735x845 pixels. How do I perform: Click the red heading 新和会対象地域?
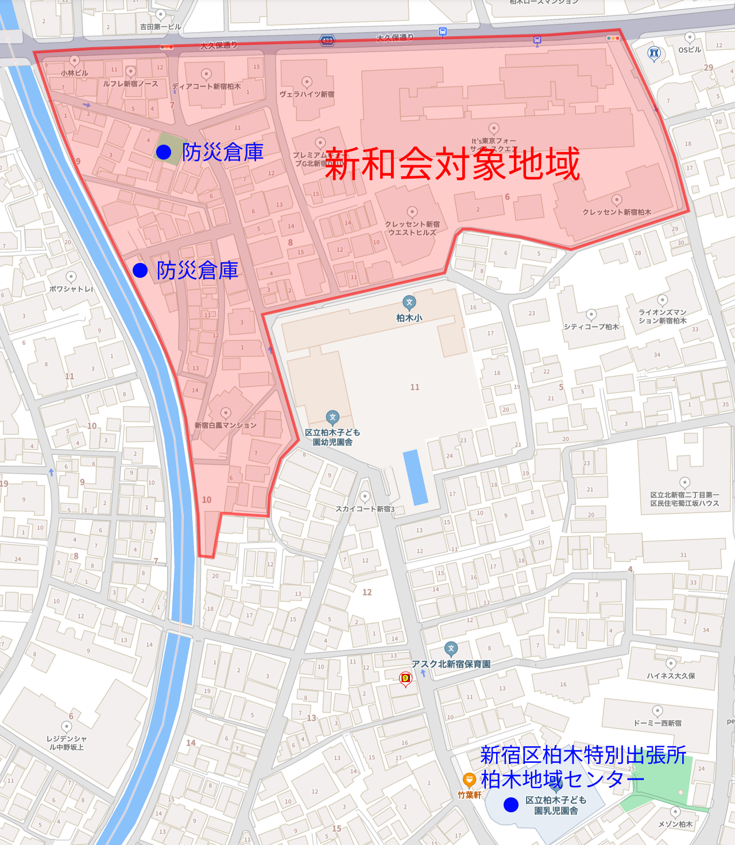point(452,164)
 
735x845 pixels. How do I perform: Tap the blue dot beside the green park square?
point(164,152)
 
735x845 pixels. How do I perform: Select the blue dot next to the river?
point(140,270)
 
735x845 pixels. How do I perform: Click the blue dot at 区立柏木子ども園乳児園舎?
point(510,805)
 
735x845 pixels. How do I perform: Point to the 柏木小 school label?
point(409,317)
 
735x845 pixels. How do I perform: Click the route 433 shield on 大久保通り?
point(327,40)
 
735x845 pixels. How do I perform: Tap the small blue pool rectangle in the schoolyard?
point(416,478)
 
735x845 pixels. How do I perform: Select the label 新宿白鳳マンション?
point(226,425)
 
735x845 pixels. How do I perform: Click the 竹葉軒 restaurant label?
point(469,795)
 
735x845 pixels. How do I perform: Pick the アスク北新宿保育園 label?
point(451,664)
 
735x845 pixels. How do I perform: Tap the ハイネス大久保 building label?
point(671,676)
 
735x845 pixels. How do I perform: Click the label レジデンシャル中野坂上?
point(67,743)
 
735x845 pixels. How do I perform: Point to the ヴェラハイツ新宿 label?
point(307,94)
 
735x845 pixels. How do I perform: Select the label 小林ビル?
point(75,73)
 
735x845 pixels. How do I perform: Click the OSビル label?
point(689,50)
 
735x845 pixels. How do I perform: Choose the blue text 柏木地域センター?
point(562,780)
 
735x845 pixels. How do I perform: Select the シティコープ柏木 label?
point(591,327)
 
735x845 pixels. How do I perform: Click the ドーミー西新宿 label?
point(657,723)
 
